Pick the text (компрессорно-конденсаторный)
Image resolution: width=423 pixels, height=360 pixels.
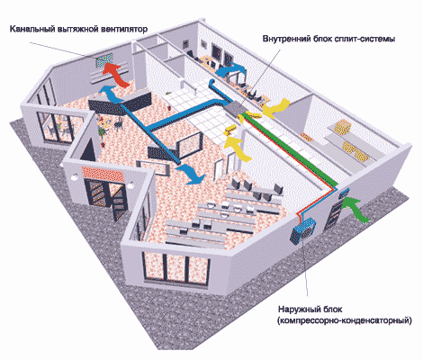pos(345,320)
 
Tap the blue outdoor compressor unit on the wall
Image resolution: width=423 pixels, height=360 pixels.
pos(303,229)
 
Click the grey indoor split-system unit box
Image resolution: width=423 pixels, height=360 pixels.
pos(235,109)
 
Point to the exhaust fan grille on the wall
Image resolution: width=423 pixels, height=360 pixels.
pos(104,60)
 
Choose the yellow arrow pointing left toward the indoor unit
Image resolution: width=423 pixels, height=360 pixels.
pos(275,109)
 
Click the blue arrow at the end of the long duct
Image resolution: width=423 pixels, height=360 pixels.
pos(190,174)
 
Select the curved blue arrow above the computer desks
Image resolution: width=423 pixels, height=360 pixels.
pos(230,71)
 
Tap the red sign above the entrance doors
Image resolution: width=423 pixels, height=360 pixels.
pos(103,174)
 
